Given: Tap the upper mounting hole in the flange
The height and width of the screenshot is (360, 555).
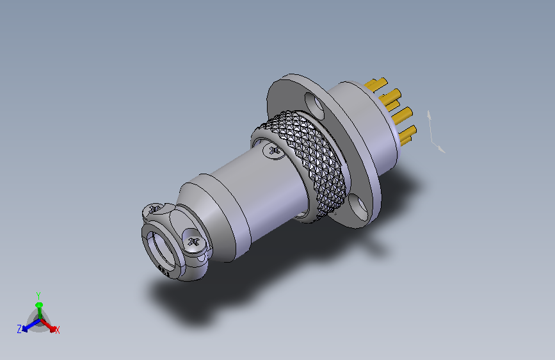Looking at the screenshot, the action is click(314, 105).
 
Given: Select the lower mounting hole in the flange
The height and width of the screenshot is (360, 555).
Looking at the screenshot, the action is click(358, 207).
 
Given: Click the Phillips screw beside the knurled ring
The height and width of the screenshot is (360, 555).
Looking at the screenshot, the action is click(274, 151).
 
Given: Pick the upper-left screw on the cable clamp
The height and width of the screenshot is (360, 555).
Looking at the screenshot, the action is click(154, 209).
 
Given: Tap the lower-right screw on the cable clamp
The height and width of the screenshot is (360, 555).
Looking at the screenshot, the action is click(193, 242).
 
